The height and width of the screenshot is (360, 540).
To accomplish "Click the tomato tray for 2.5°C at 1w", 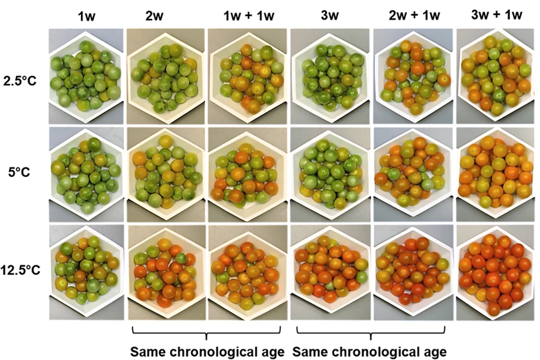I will coord(85,75).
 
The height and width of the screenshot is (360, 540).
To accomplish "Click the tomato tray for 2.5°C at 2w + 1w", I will coord(413,76).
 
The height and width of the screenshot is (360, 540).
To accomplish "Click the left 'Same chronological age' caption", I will coord(207,350).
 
